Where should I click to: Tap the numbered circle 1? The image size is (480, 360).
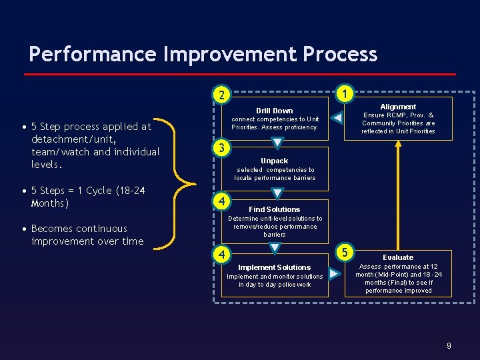tap(344, 94)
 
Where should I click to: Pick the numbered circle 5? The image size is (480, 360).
tap(345, 252)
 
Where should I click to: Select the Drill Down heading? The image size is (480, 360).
tap(275, 111)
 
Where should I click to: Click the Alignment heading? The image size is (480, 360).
tap(398, 107)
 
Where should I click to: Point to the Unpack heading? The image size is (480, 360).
tap(275, 161)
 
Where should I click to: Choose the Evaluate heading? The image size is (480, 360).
tap(398, 257)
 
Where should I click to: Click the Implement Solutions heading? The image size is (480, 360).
tap(275, 267)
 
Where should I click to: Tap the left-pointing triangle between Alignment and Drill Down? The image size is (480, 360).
tap(338, 119)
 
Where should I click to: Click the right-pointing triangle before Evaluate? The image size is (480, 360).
tap(335, 273)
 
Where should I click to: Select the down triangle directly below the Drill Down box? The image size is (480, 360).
tap(277, 143)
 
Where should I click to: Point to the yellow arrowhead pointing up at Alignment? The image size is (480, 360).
tap(398, 145)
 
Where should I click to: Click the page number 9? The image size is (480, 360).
tap(449, 345)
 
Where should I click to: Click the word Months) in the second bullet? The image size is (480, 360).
tap(50, 203)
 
